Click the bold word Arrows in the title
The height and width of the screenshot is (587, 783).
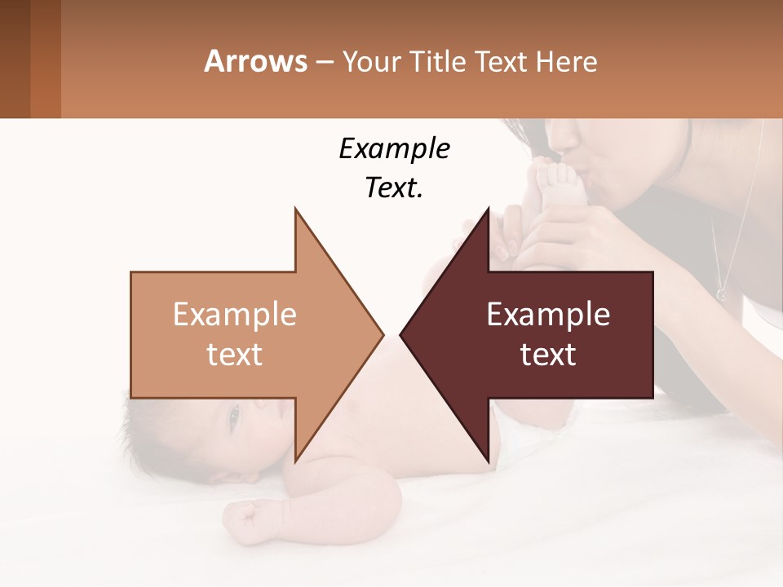click(255, 61)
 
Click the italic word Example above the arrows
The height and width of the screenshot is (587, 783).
click(394, 148)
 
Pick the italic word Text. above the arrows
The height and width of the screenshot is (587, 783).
click(394, 188)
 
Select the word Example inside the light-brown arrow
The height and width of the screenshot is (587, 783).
click(234, 315)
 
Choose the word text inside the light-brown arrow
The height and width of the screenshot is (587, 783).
click(234, 355)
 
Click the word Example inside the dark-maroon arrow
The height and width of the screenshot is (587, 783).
click(548, 315)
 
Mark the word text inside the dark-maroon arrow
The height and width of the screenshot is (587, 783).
click(548, 355)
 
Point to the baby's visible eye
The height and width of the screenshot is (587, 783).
click(234, 417)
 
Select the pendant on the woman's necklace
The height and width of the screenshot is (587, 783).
click(721, 293)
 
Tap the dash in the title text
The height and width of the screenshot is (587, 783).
click(324, 62)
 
